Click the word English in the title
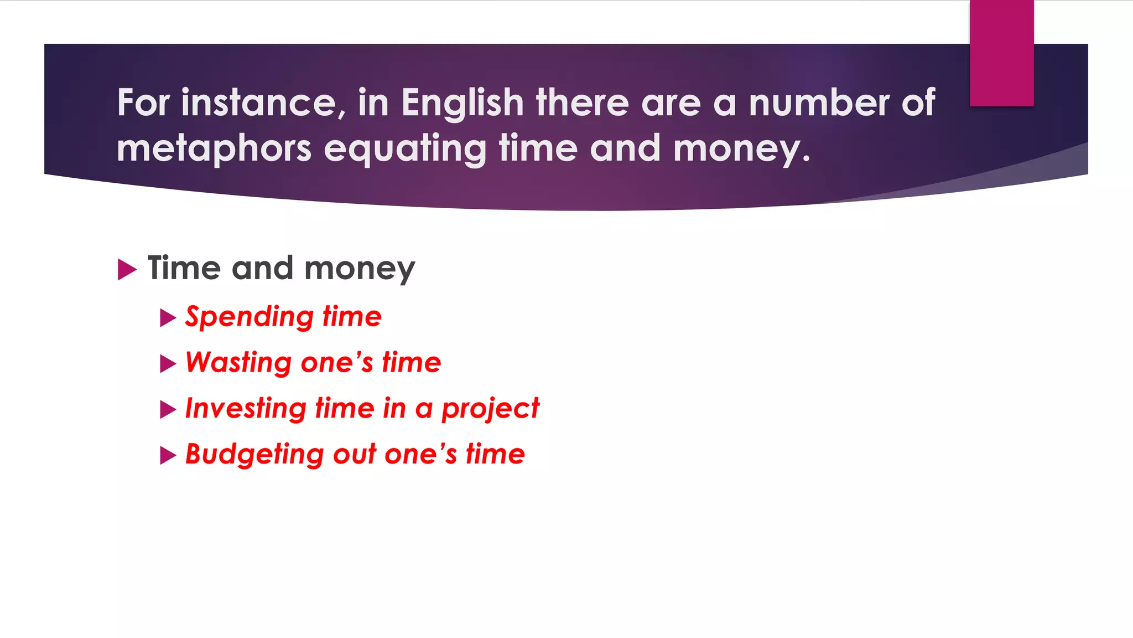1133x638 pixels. coord(462,103)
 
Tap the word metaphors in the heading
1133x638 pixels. coord(214,149)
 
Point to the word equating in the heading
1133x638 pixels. coord(405,149)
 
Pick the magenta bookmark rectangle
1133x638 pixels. coord(1001,53)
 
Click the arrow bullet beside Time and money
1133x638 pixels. coord(127,270)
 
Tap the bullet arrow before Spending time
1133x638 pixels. coord(167,318)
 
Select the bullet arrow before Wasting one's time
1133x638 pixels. coord(167,364)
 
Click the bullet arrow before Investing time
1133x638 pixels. coord(167,410)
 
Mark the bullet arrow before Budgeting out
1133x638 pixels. coord(167,456)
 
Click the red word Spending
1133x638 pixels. coord(250,317)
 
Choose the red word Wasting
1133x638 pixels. coord(238,363)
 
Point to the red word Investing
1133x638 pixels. coord(246,409)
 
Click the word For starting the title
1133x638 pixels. coord(143,103)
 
